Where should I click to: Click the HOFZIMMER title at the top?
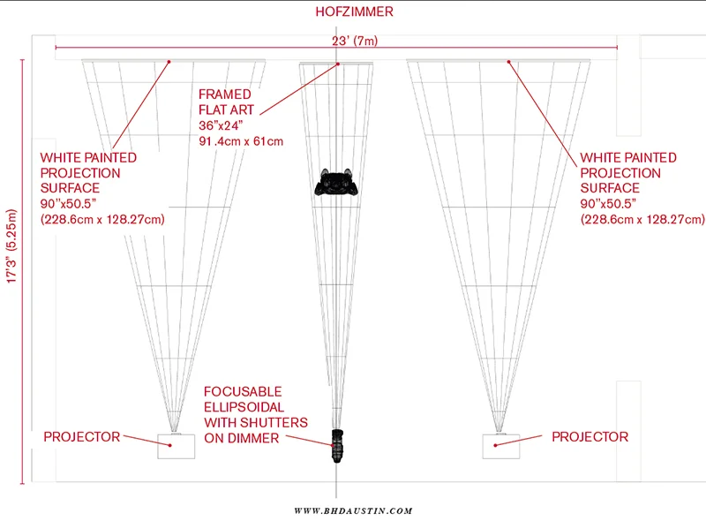354,12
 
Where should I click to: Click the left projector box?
176,446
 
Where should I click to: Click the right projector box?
499,446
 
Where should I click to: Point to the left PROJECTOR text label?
81,437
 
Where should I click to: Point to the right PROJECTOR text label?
590,437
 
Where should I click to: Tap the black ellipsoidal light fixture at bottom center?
337,446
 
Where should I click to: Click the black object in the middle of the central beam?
336,183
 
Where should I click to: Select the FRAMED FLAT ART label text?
226,102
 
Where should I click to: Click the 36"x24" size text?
226,125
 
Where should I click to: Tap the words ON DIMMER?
241,438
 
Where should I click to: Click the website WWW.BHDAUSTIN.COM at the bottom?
353,510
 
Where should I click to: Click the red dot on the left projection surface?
169,61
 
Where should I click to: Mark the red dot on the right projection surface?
508,61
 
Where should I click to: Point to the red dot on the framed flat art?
336,64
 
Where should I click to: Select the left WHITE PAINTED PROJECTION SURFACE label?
88,173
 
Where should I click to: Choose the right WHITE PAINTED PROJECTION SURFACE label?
628,173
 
